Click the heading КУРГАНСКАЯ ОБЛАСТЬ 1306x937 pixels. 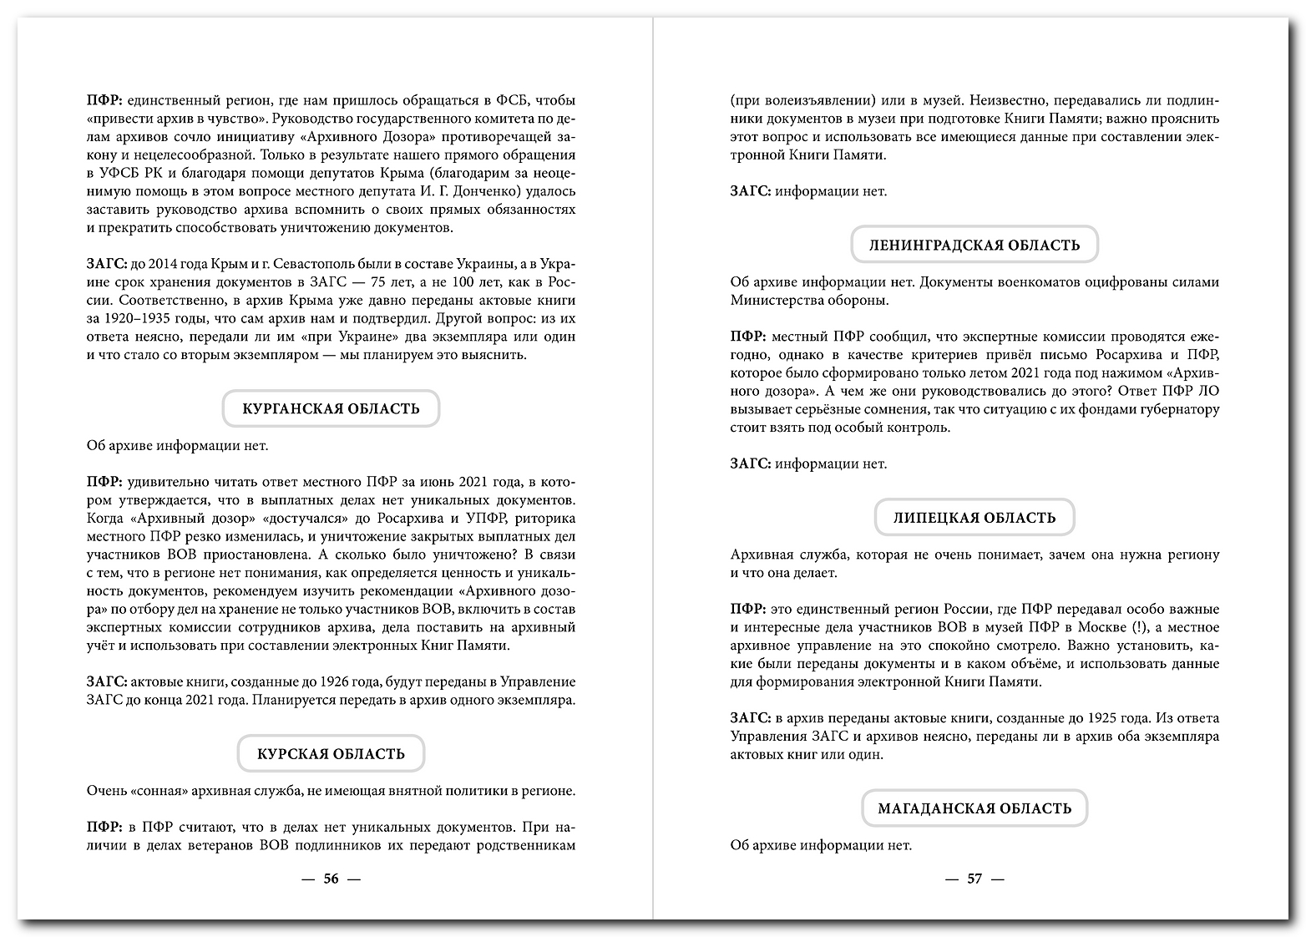pyautogui.click(x=331, y=409)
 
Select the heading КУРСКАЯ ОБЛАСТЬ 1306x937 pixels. pyautogui.click(x=331, y=754)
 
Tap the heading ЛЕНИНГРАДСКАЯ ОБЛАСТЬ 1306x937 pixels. pyautogui.click(x=974, y=246)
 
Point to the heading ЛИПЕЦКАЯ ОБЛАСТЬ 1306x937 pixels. pyautogui.click(x=974, y=518)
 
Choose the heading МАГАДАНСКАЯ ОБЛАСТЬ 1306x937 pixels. pyautogui.click(x=974, y=808)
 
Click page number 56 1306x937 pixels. pyautogui.click(x=331, y=879)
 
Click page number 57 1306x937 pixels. pyautogui.click(x=974, y=879)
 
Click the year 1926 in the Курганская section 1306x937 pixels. pyautogui.click(x=314, y=682)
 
